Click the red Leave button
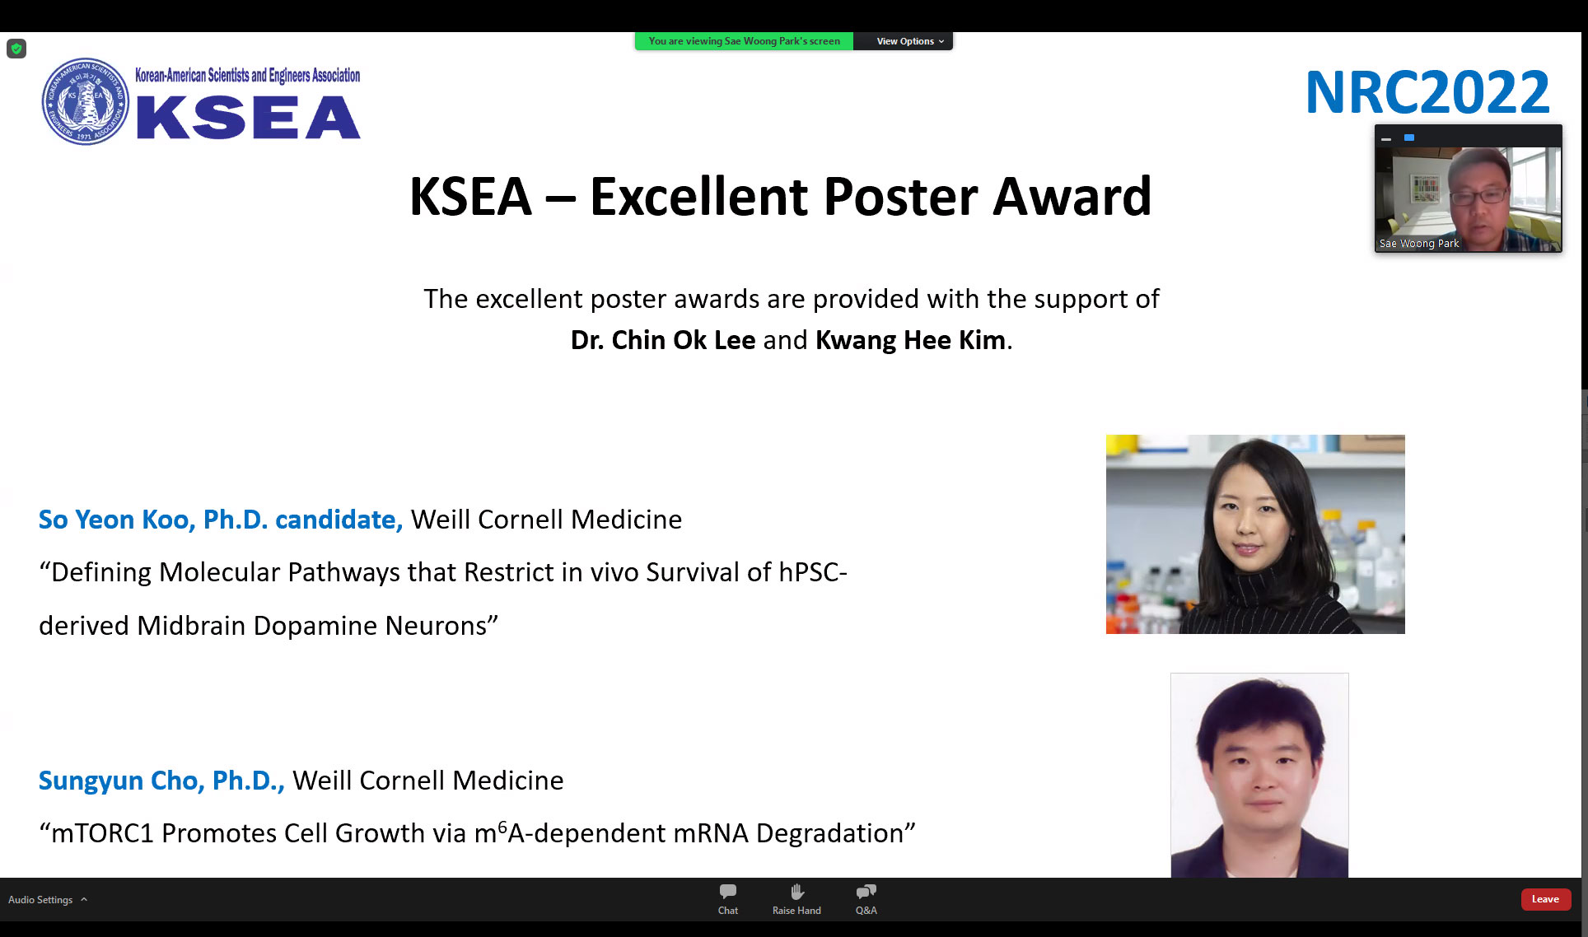[x=1545, y=899]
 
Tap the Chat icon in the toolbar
[x=728, y=892]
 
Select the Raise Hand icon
[x=796, y=892]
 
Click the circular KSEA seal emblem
[x=86, y=101]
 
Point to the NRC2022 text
[x=1427, y=92]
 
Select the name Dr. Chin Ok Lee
[x=663, y=340]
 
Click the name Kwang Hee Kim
[x=910, y=340]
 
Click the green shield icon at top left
[x=16, y=49]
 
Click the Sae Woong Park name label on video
[x=1419, y=244]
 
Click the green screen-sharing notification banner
[x=744, y=41]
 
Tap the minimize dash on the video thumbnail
[x=1386, y=139]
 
